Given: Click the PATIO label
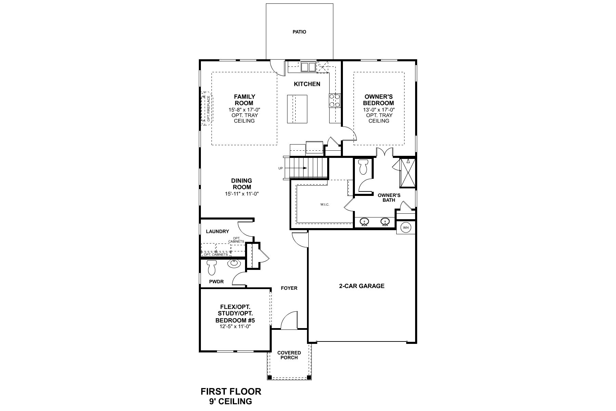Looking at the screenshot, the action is [x=299, y=32].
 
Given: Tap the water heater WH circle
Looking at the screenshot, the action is [x=406, y=227].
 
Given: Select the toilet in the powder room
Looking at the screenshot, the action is [x=211, y=267].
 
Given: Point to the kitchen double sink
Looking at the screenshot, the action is [x=308, y=66].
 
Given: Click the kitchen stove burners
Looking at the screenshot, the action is [x=334, y=101].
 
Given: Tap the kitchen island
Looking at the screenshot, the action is [x=297, y=109].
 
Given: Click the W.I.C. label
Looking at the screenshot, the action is [x=325, y=204].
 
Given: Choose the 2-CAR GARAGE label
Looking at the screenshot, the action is [x=362, y=286].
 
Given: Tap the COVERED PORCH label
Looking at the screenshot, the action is [x=289, y=355].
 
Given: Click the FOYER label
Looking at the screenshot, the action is [x=289, y=288].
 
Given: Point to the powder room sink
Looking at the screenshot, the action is [x=234, y=263].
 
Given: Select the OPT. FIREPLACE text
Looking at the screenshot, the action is [x=208, y=109].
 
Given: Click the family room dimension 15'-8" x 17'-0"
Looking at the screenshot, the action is [x=244, y=110].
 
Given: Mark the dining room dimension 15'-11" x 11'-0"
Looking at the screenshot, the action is [x=242, y=194].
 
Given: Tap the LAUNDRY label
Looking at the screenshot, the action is [x=217, y=232].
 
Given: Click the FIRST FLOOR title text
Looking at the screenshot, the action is [x=231, y=391].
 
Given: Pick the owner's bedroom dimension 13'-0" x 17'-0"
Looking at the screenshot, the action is [x=379, y=110].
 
